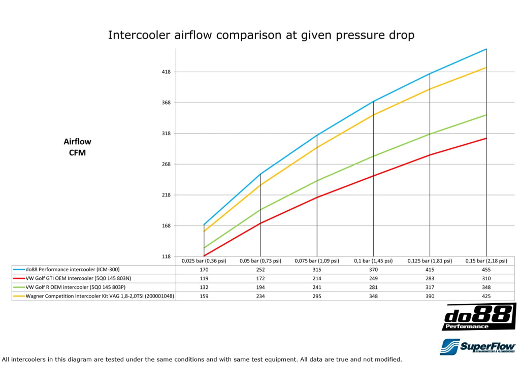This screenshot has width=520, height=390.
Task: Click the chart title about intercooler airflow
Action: tap(261, 35)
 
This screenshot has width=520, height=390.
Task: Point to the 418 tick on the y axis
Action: tap(166, 72)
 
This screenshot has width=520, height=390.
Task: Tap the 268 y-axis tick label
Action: tap(166, 164)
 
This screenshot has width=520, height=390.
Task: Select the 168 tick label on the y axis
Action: tap(166, 226)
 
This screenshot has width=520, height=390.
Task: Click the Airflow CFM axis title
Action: tap(77, 147)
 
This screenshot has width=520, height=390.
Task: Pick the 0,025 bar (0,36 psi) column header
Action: tap(204, 261)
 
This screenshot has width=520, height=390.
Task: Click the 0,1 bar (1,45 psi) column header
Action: tap(373, 261)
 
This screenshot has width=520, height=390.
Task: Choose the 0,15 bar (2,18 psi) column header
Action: tap(486, 261)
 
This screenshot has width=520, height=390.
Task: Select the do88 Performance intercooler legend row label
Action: tap(73, 270)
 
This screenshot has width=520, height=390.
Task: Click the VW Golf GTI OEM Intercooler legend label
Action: tap(78, 278)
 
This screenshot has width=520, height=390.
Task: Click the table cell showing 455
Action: tap(486, 270)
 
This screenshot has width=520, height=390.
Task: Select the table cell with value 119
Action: tap(204, 278)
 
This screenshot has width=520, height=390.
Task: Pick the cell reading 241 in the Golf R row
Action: tap(317, 287)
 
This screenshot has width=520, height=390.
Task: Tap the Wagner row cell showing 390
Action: tap(430, 296)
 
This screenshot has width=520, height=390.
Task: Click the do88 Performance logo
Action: tap(479, 317)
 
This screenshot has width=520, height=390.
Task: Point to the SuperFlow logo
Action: tap(478, 347)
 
